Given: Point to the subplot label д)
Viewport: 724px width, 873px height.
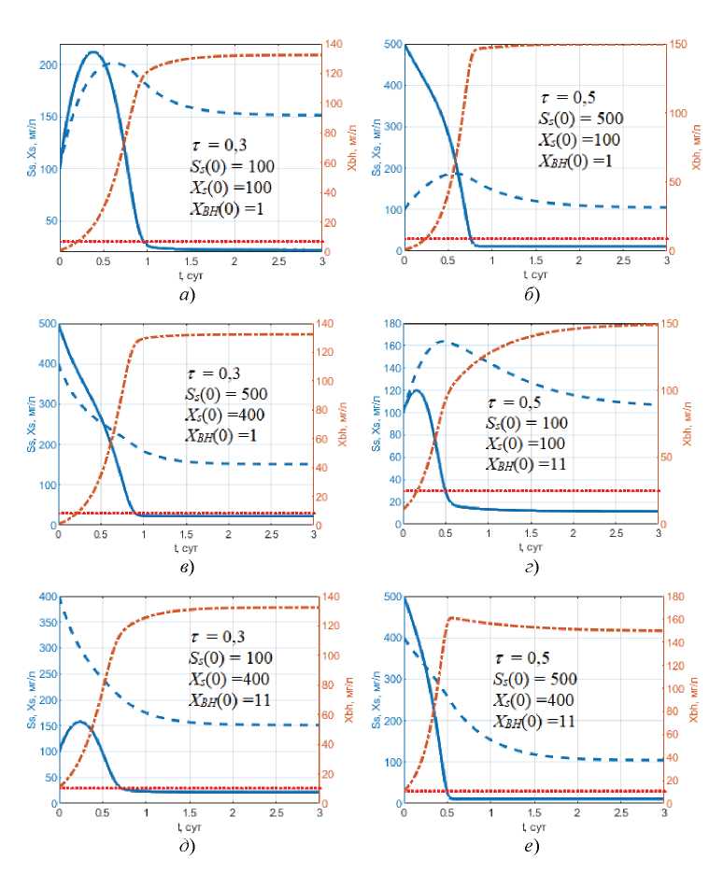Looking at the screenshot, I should coord(186,848).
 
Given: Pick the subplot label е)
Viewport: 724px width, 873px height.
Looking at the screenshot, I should coord(532,848).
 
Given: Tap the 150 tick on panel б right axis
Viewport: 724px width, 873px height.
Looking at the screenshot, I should coord(678,44).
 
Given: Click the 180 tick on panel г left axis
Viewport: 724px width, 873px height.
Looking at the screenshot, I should coord(388,324).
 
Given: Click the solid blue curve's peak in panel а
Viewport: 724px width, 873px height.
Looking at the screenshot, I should coord(92,52).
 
